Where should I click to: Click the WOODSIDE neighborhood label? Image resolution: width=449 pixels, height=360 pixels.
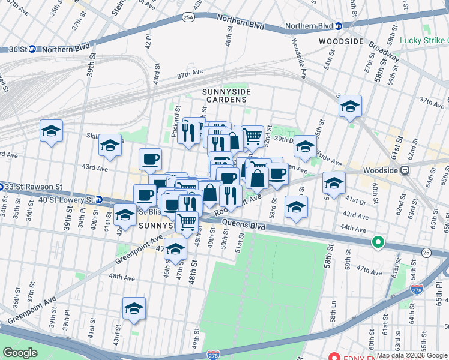[341, 41]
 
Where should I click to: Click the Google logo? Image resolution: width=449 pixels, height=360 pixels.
[20, 352]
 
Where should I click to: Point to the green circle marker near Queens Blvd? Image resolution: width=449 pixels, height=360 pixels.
[378, 242]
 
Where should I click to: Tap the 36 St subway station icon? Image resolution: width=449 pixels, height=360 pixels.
[32, 49]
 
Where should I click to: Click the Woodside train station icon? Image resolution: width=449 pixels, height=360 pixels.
[405, 170]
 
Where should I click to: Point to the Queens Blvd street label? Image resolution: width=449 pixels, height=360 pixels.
[244, 226]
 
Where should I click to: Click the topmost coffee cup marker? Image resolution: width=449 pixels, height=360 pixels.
[150, 160]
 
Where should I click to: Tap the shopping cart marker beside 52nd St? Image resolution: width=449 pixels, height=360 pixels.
[253, 136]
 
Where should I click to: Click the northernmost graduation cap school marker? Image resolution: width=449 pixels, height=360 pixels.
[350, 106]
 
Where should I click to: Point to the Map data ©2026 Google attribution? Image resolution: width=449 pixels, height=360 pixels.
[412, 355]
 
